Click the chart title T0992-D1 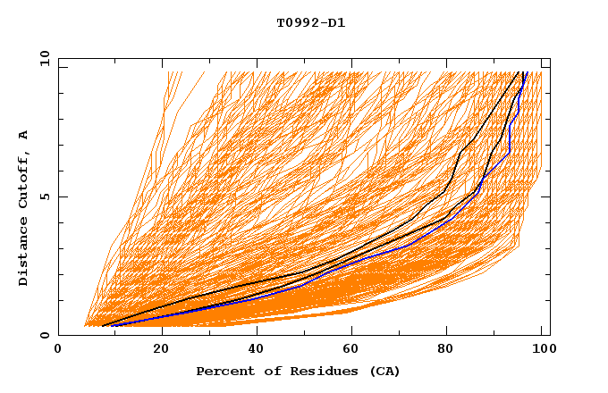click(310, 23)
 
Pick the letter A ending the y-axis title click(24, 134)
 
